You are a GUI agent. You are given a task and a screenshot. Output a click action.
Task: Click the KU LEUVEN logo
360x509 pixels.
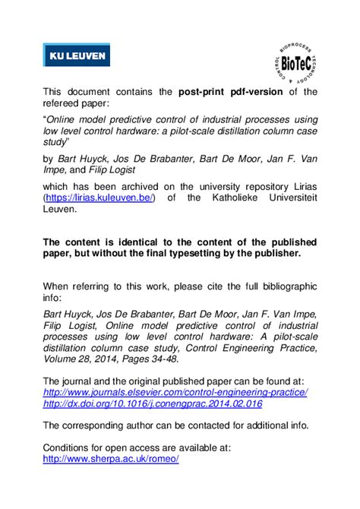tap(75, 55)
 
